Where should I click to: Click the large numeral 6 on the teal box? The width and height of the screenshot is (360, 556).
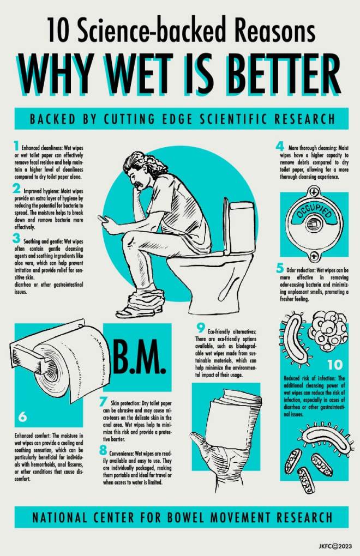pyautogui.click(x=23, y=416)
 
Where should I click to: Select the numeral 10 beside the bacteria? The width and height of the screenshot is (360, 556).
pyautogui.click(x=335, y=365)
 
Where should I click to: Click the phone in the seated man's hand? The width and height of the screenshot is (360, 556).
pyautogui.click(x=103, y=219)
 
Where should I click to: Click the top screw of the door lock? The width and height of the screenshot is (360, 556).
pyautogui.click(x=314, y=192)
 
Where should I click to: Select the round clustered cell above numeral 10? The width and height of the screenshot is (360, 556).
pyautogui.click(x=328, y=330)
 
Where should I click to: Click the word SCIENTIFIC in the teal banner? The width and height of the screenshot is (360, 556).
pyautogui.click(x=233, y=118)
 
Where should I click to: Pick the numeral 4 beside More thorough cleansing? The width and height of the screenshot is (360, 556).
pyautogui.click(x=280, y=146)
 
